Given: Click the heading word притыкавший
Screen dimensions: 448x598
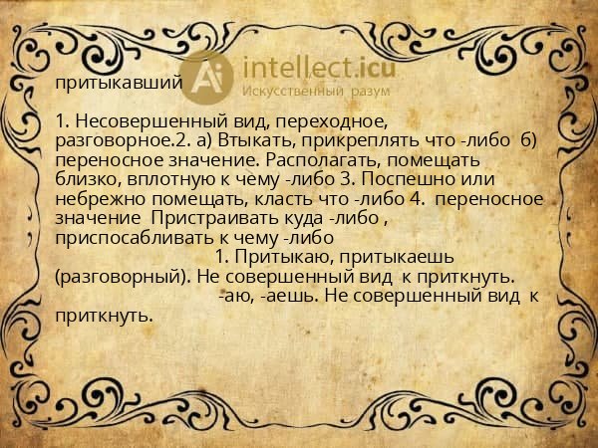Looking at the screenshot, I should (118, 83).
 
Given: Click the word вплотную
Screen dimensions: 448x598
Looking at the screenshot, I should (154, 178).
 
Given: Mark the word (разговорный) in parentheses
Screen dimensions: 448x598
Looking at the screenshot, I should (114, 276).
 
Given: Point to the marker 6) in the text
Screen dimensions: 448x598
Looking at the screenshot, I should (528, 140).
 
